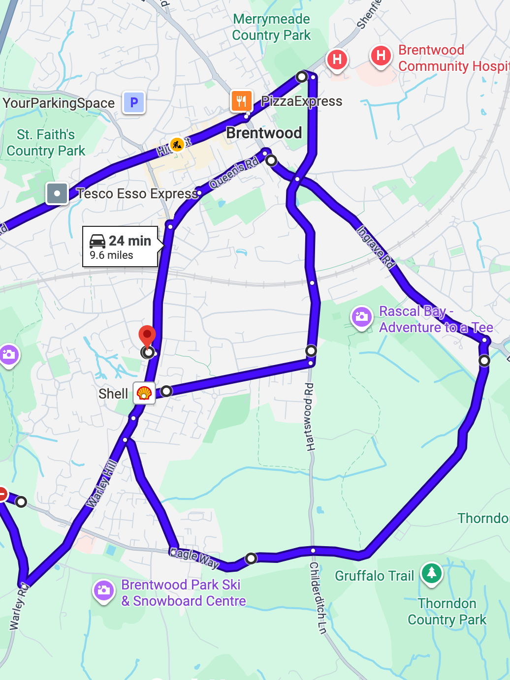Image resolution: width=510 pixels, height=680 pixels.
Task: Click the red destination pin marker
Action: pos(147,336)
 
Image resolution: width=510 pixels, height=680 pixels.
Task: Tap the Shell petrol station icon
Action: pos(144,393)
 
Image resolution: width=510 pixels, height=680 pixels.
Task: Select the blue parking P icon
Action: pos(134,103)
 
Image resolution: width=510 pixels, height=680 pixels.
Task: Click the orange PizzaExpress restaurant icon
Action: pos(241,101)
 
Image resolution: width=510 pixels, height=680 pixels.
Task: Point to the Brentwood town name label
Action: pos(264,133)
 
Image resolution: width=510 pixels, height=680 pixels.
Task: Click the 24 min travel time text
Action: pos(130,241)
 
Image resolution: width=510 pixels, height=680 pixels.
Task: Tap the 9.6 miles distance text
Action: pos(111,255)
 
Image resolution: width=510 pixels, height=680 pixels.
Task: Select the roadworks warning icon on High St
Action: pos(177,144)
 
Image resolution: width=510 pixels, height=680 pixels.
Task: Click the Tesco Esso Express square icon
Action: pos(57,193)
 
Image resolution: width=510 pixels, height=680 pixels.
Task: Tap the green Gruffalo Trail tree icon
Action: pos(432,573)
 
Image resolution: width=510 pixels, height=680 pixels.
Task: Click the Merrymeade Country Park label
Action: pos(271,27)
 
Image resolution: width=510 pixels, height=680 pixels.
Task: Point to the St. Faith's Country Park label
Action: pos(46,143)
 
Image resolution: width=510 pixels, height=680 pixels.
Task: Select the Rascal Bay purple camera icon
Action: pos(362,317)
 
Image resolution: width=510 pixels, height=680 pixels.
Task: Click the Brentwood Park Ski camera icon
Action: pos(104,590)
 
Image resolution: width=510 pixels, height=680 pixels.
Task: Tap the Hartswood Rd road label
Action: pos(309,417)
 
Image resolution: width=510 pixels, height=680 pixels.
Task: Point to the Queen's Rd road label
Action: pos(234,174)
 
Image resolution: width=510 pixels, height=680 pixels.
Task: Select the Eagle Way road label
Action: pos(194,558)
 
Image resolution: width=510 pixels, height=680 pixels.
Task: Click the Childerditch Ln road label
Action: pos(318,597)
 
